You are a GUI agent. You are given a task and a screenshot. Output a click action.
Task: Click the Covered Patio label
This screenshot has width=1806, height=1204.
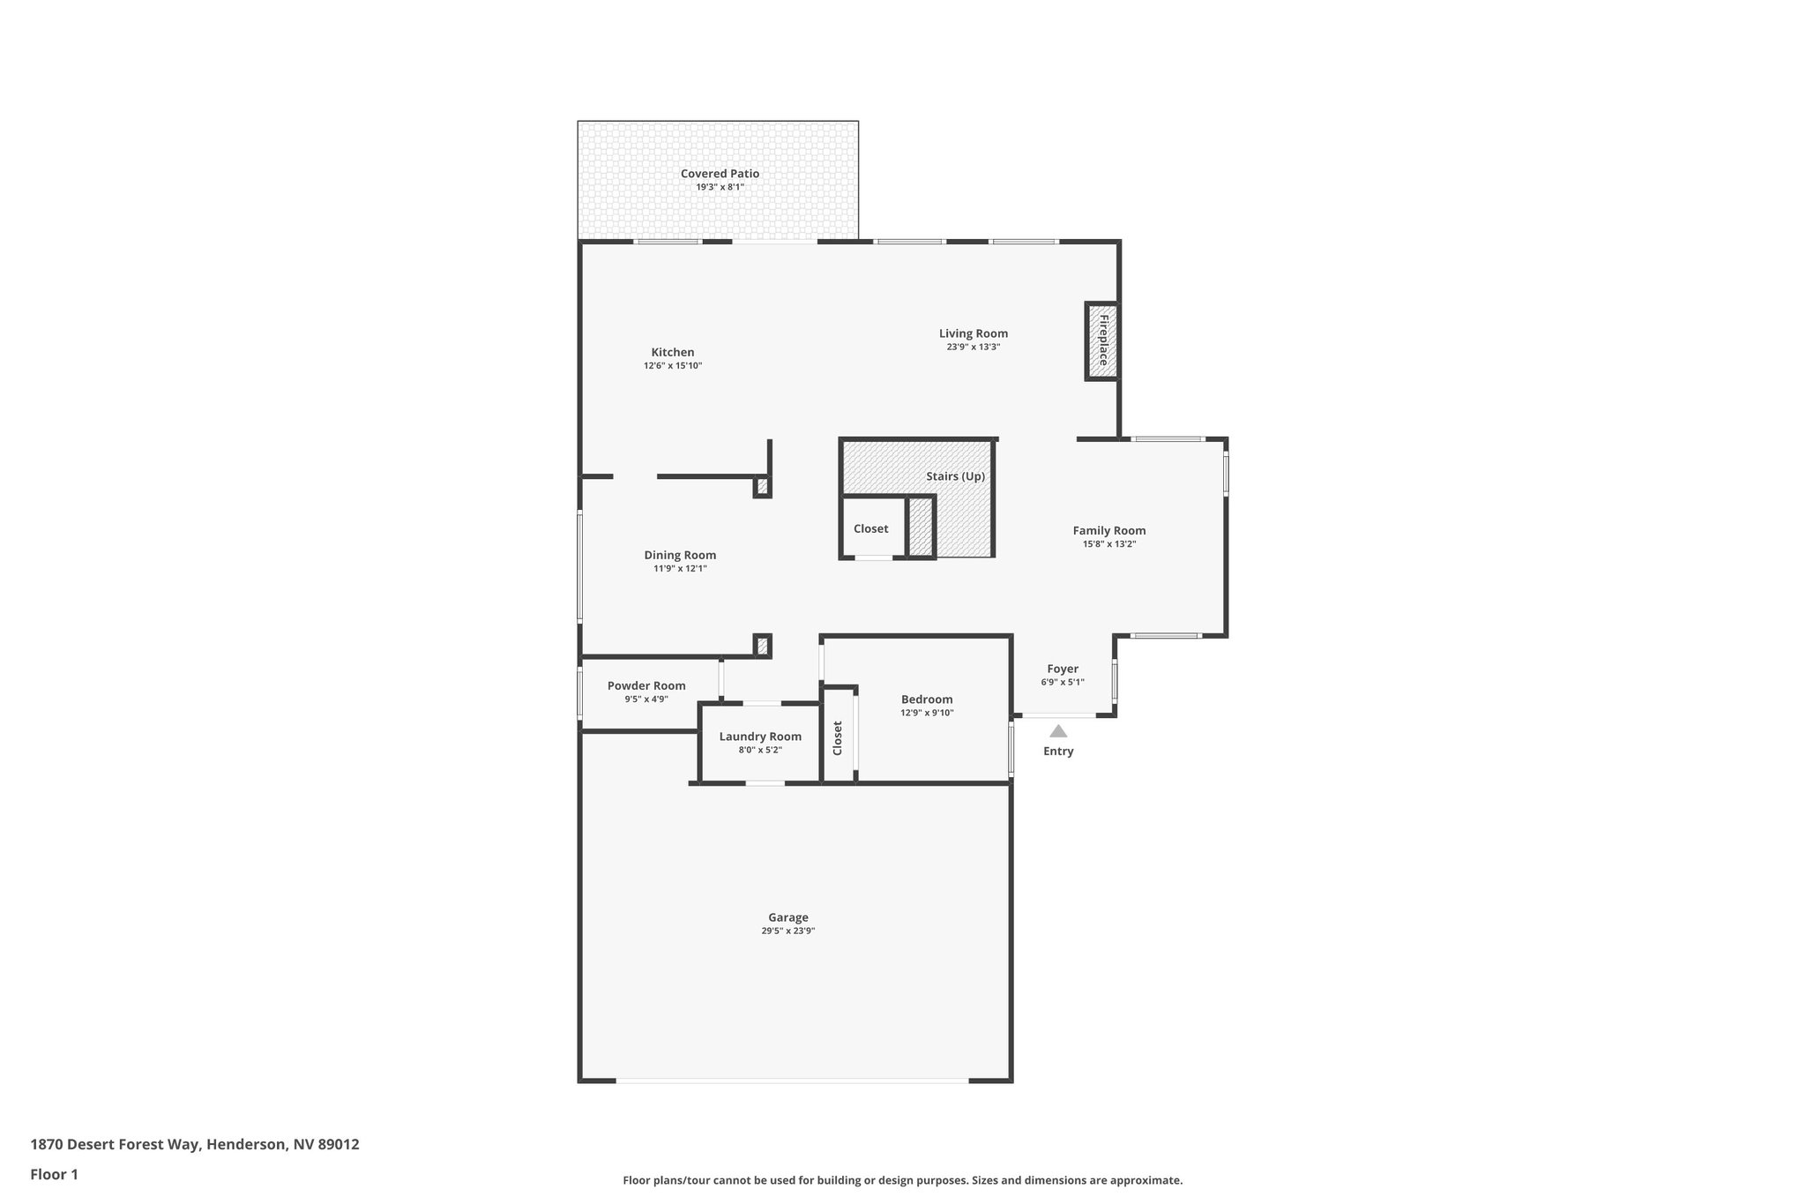pyautogui.click(x=720, y=174)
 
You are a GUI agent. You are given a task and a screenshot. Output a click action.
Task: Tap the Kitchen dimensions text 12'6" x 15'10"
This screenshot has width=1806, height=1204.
pyautogui.click(x=673, y=366)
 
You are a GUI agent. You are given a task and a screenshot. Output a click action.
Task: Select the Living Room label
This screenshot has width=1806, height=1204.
pyautogui.click(x=973, y=333)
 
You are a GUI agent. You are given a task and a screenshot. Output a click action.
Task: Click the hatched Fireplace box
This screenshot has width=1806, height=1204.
pyautogui.click(x=1102, y=341)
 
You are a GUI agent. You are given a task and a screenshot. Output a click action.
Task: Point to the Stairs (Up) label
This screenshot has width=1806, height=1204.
pyautogui.click(x=955, y=476)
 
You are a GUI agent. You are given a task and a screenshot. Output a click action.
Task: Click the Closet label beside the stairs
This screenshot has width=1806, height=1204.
pyautogui.click(x=870, y=528)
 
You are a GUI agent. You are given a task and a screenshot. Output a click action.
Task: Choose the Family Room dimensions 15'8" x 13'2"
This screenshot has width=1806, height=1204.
pyautogui.click(x=1108, y=544)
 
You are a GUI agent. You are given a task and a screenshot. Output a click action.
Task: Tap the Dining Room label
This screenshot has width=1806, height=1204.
pyautogui.click(x=680, y=555)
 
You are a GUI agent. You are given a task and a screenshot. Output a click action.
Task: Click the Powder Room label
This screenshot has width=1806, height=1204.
pyautogui.click(x=646, y=685)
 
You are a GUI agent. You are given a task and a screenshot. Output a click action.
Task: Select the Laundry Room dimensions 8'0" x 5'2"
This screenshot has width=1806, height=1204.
pyautogui.click(x=760, y=751)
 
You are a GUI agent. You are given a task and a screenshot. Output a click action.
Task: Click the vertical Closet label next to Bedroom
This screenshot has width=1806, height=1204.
pyautogui.click(x=838, y=738)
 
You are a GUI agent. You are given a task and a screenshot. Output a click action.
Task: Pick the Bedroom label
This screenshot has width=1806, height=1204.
pyautogui.click(x=927, y=699)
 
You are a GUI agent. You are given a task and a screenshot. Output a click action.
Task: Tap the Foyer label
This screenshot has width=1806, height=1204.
pyautogui.click(x=1063, y=669)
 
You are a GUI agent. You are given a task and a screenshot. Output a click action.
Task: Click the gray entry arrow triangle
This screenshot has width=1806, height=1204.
pyautogui.click(x=1058, y=731)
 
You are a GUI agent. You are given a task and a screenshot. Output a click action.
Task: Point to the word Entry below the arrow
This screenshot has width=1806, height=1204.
pyautogui.click(x=1058, y=752)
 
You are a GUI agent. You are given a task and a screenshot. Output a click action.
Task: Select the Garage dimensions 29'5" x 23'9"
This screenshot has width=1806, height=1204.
pyautogui.click(x=788, y=931)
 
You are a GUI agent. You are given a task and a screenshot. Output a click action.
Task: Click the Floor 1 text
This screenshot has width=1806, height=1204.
pyautogui.click(x=55, y=1174)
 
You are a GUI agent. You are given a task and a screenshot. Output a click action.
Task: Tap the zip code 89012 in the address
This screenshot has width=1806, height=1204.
pyautogui.click(x=339, y=1144)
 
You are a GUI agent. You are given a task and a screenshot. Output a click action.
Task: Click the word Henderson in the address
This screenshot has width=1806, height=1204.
pyautogui.click(x=246, y=1144)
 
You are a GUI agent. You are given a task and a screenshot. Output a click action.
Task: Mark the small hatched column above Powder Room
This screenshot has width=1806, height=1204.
pyautogui.click(x=763, y=646)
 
